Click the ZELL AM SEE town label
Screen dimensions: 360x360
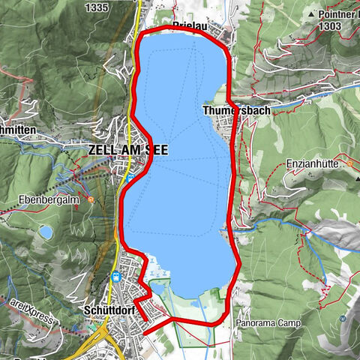click(x=127, y=150)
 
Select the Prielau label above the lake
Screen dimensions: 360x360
click(x=191, y=25)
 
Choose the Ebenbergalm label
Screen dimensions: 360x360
click(x=51, y=200)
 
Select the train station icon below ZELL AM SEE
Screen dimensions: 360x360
click(x=130, y=178)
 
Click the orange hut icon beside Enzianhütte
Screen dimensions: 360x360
click(x=349, y=163)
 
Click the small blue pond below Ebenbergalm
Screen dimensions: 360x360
click(x=46, y=232)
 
